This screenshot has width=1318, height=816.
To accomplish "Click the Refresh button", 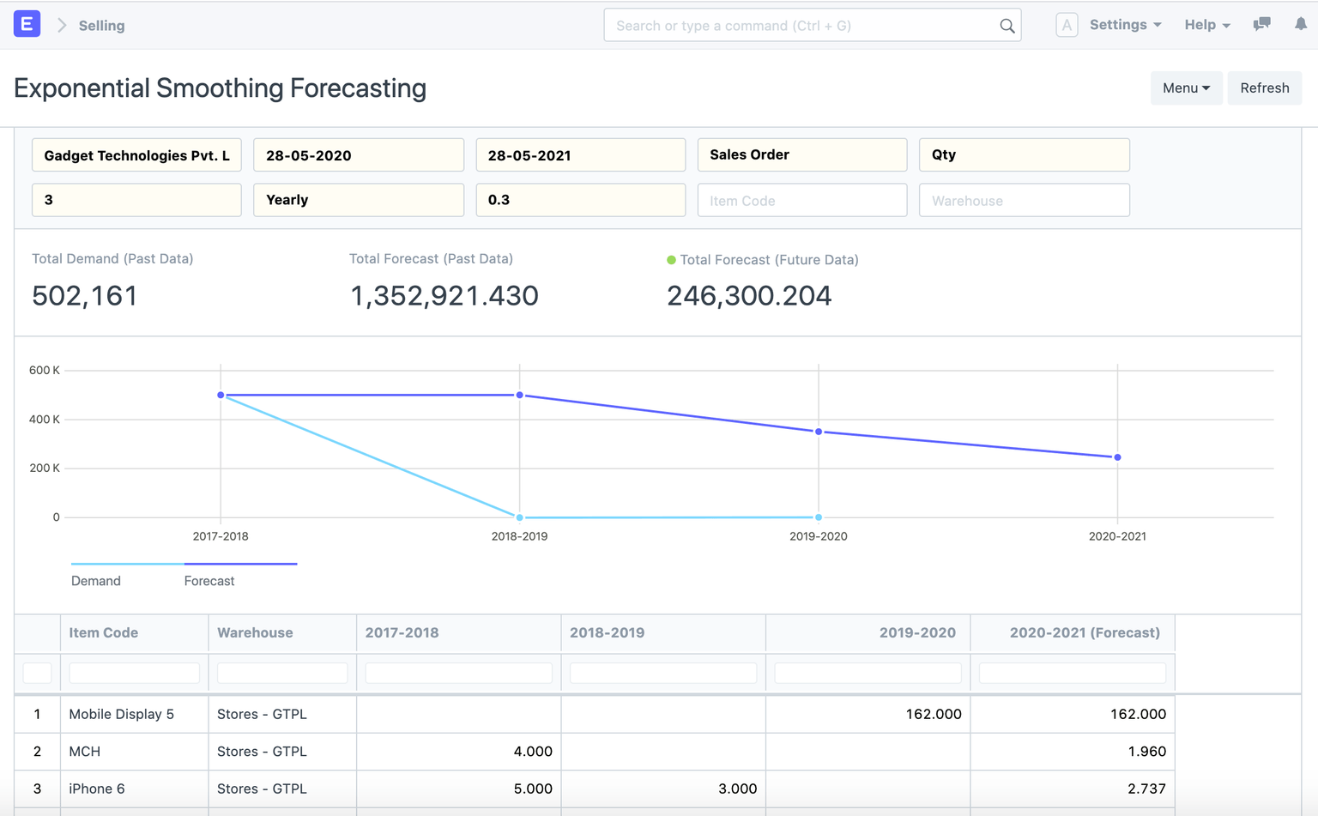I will coord(1264,88).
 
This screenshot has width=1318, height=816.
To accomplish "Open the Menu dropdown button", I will coord(1186,88).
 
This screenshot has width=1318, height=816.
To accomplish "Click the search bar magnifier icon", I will coord(1007,26).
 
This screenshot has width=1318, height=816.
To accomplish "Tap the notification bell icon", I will coord(1300,25).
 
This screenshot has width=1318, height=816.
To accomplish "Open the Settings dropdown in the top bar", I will coord(1125,25).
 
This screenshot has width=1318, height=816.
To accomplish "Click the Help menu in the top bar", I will coord(1206,25).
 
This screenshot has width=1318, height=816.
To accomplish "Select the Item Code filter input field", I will coord(801,200).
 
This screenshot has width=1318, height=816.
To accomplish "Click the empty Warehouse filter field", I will coord(1024,200).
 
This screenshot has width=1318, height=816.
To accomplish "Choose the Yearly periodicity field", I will coord(359,200).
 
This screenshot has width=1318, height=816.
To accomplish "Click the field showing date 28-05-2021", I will coord(580,155).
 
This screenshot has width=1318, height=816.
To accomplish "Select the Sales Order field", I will coord(801,155).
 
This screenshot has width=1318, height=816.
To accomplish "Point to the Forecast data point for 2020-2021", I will coord(1117,457).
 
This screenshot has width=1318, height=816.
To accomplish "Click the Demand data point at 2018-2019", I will coord(519,517).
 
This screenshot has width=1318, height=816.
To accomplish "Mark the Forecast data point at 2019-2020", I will coord(819,432).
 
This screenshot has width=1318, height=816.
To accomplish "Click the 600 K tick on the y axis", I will coord(45,371).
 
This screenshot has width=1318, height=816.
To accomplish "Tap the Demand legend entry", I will coord(96,580).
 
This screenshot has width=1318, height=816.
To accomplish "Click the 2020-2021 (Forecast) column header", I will coord(1084,632).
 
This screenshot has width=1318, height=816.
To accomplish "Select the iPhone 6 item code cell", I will coord(97,789).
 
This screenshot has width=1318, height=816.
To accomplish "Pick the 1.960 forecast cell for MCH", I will coord(1146,752).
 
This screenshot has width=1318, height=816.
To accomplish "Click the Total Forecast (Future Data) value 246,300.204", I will coord(748,296).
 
